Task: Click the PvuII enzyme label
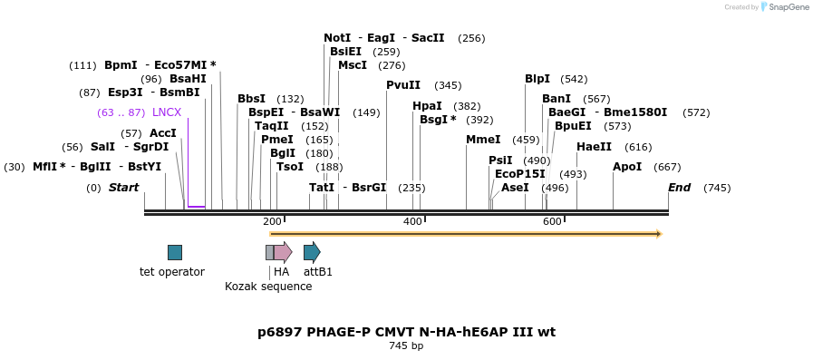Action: (x=403, y=85)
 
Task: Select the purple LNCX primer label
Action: (x=167, y=112)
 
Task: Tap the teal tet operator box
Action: (x=175, y=252)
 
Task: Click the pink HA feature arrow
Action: (x=283, y=252)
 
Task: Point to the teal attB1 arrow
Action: (x=312, y=252)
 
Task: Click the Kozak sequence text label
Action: (x=268, y=287)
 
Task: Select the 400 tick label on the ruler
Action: (x=412, y=221)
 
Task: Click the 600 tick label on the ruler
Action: (x=552, y=221)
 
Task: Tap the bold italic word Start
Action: (x=124, y=188)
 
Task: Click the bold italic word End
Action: (x=679, y=188)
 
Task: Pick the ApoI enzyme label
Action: (x=627, y=167)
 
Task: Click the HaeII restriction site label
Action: (x=594, y=147)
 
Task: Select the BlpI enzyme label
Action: (x=537, y=79)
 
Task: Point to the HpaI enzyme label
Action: (x=427, y=106)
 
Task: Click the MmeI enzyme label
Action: (x=483, y=140)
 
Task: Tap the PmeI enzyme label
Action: (x=277, y=140)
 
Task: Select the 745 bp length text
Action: (x=406, y=345)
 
